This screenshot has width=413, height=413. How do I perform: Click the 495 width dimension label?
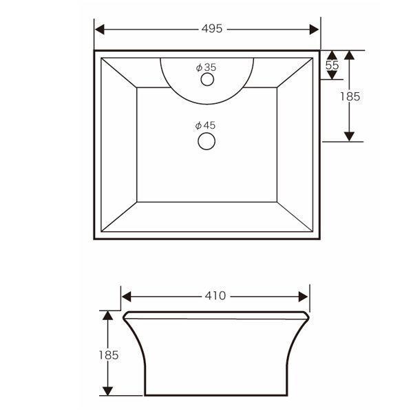point(212,28)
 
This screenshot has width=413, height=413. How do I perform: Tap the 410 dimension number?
point(215,296)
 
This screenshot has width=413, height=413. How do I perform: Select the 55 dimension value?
point(332,65)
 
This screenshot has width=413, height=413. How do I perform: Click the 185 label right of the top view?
point(350,96)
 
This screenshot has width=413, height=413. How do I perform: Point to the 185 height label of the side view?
point(109,355)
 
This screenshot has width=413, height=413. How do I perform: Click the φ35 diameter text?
point(206,67)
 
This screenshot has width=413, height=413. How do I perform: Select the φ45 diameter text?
point(205,126)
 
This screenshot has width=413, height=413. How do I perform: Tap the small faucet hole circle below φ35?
point(207,80)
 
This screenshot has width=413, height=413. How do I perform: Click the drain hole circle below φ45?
point(206,141)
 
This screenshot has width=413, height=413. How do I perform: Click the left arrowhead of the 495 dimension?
point(99,29)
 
